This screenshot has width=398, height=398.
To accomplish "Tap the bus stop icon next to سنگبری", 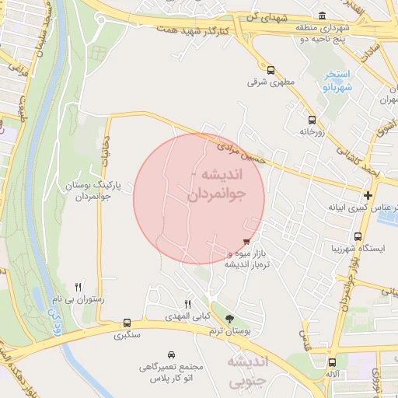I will [127, 323].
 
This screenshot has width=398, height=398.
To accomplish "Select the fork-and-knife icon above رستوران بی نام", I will [78, 287].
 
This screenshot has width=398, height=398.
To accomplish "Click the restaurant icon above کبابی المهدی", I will [187, 304].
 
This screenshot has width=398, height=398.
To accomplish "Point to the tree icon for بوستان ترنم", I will [229, 319].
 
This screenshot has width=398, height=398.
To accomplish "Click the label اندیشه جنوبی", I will [248, 371].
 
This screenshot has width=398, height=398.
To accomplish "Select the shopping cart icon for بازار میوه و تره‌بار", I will [247, 243].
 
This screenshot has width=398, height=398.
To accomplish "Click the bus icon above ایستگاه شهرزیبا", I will [358, 237].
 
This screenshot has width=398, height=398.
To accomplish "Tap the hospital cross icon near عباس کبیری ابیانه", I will [368, 194].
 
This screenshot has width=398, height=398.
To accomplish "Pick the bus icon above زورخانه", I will [312, 120].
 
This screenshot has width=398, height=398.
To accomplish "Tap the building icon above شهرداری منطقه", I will [323, 16].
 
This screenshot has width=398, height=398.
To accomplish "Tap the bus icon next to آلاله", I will [332, 362].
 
